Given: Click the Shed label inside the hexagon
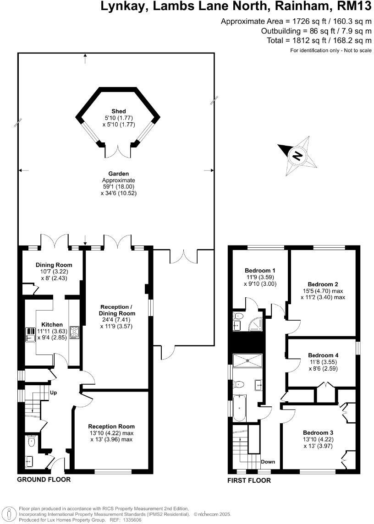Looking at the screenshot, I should pos(118,111).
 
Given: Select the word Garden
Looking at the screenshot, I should pos(118,174).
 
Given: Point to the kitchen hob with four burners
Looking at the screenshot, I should pos(74,332).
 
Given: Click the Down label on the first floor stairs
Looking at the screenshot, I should pos(268,462).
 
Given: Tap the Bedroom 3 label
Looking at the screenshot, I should pos(318,432).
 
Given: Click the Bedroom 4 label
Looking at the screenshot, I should pos(323,355).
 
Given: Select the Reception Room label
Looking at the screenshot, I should pos(111,426).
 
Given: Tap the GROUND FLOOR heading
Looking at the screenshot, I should pos(44,480).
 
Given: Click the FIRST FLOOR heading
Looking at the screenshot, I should pos(249,480).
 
